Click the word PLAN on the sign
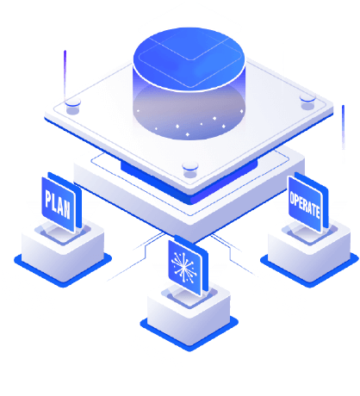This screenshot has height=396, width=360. click(58, 203)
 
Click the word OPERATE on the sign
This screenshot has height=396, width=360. click(305, 204)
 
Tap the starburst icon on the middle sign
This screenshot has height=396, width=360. click(183, 267)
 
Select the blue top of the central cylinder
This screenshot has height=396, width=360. click(189, 59)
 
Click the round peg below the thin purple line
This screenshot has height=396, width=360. click(72, 105)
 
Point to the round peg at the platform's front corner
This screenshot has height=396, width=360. click(190, 169)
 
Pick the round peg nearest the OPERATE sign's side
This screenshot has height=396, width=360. click(307, 102)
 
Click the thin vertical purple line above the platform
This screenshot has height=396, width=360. click(65, 75)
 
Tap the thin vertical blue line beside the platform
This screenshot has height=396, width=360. click(343, 127)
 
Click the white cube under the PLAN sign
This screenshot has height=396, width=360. click(63, 249)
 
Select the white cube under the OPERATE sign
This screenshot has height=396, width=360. click(309, 250)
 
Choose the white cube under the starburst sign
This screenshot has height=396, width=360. click(189, 313)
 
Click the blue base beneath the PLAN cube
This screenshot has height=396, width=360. click(63, 270)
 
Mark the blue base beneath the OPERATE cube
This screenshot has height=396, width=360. click(309, 271)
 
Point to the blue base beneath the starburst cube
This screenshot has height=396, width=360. click(189, 334)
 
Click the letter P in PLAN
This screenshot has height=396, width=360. click(48, 199)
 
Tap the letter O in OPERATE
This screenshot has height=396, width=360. click(292, 199)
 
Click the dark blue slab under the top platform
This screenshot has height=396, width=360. click(189, 181)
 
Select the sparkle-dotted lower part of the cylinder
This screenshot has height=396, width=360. click(189, 114)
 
